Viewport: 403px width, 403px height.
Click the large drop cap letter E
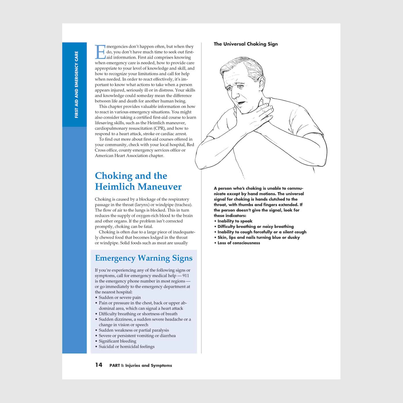(x=100, y=52)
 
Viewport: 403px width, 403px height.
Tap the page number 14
(x=99, y=365)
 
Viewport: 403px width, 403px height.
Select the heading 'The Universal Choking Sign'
(x=246, y=44)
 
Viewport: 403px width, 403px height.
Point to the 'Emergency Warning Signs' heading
(x=144, y=258)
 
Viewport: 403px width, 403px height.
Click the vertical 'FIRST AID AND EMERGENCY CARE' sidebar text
(x=76, y=85)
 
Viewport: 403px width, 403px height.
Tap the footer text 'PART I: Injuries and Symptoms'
(x=140, y=366)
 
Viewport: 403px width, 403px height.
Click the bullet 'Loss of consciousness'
(x=239, y=243)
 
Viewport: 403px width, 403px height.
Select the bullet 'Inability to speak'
(x=235, y=221)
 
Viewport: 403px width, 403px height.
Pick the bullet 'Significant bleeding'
(x=117, y=341)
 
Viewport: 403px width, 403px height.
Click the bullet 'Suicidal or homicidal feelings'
(x=126, y=347)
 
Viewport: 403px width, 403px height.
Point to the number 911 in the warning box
(x=186, y=276)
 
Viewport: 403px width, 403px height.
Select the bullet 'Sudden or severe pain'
(x=120, y=297)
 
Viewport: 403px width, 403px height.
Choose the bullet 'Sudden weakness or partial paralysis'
(x=134, y=330)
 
